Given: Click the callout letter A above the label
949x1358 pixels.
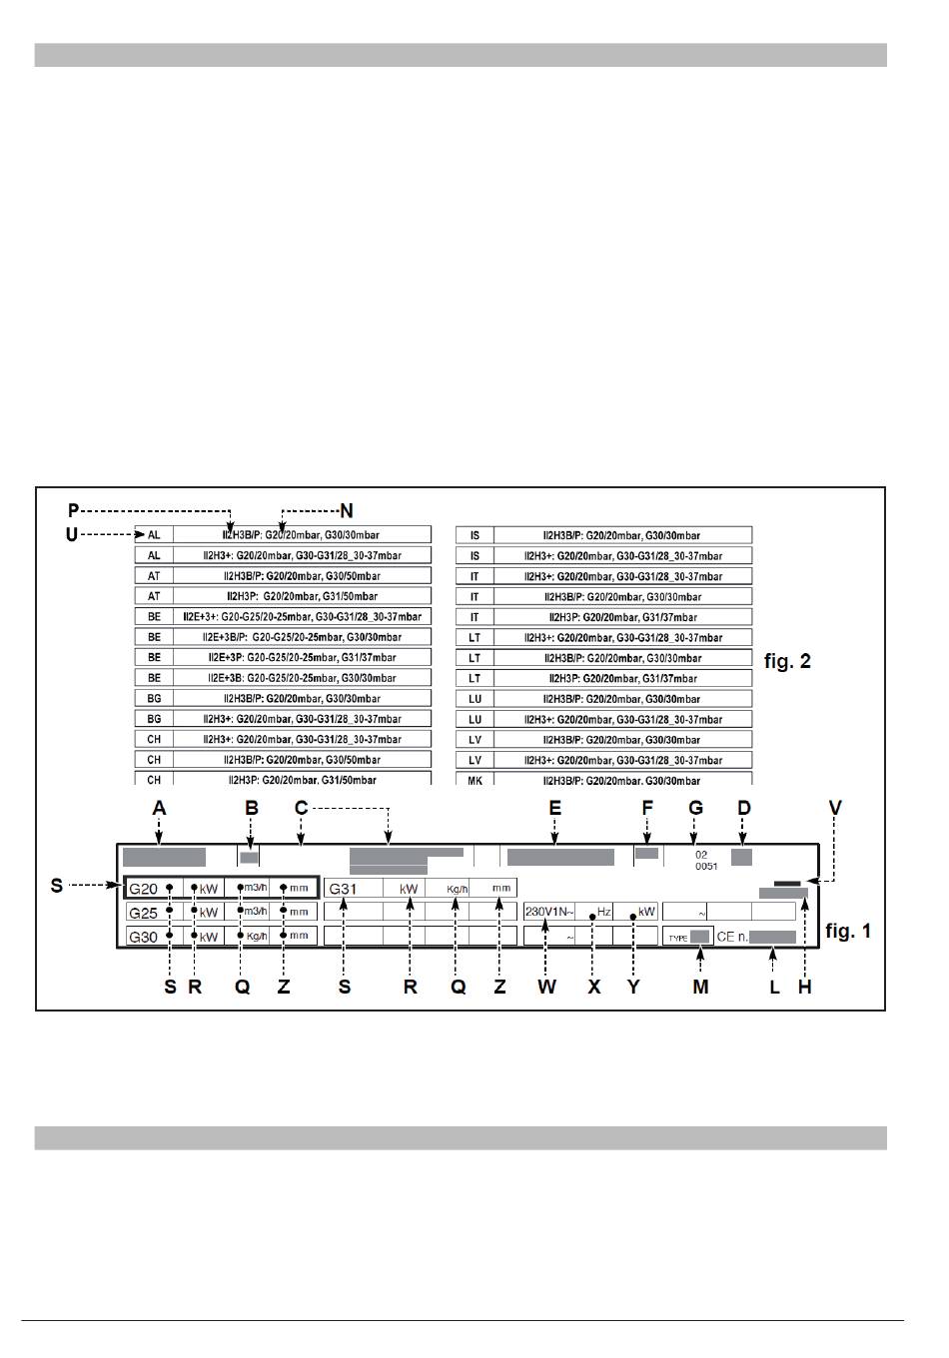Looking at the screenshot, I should (x=159, y=809).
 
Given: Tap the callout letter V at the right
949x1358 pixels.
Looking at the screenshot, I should (x=835, y=809).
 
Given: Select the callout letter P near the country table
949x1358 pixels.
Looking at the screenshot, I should (x=73, y=511).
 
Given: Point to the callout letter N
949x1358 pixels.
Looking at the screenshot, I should (x=347, y=511).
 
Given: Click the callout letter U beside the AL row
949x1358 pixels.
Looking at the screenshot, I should (x=71, y=535).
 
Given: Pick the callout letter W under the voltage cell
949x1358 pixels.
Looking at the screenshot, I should (x=545, y=987).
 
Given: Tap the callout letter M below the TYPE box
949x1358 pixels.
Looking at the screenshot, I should (x=700, y=987).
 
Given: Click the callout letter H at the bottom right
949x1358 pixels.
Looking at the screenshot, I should (x=804, y=987).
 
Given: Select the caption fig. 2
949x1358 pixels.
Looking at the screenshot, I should (x=787, y=661).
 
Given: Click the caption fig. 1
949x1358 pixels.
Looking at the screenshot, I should (x=847, y=931).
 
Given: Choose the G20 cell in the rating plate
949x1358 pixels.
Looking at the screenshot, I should (x=144, y=889).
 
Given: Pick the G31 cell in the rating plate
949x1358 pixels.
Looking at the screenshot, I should (x=344, y=889).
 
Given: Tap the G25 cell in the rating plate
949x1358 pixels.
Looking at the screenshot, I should (x=144, y=913).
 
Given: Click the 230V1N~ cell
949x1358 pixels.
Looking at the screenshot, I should (x=548, y=912).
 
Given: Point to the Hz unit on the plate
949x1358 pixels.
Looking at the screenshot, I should (x=603, y=912).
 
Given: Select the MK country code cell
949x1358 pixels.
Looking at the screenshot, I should (x=474, y=780).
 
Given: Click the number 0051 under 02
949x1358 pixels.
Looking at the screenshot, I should (x=706, y=867).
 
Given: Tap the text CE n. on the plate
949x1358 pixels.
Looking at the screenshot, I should (x=732, y=938).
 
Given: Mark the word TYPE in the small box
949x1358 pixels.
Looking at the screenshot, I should (x=678, y=939).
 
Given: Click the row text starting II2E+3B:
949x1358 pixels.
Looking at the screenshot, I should (x=302, y=678).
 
